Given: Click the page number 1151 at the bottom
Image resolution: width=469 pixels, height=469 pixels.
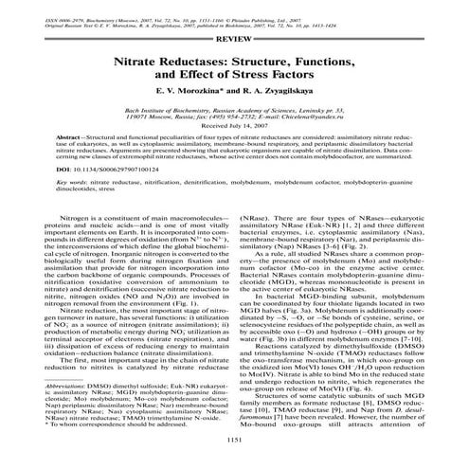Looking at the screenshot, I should [x=233, y=440].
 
